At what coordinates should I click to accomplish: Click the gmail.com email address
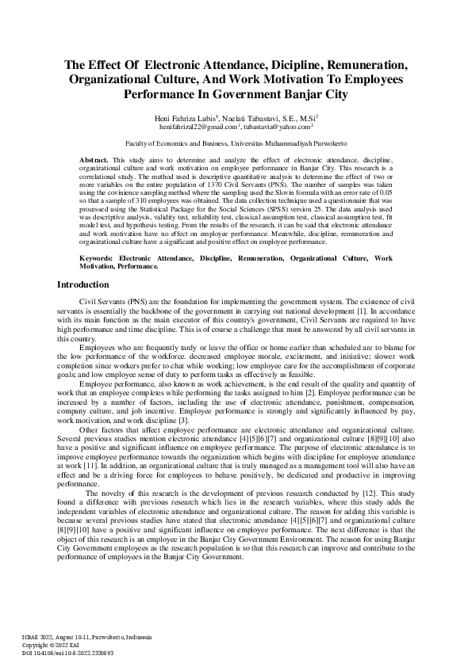coord(199,126)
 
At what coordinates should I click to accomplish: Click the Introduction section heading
coord(83,284)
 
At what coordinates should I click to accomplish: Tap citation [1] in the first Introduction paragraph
coord(385,309)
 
